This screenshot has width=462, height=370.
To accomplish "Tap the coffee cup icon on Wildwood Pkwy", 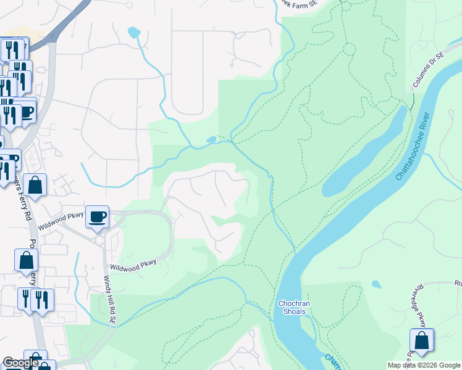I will pos(97,217).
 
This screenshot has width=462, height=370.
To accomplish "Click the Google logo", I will pos(20,363).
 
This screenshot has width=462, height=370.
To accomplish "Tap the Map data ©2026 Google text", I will pos(424,365).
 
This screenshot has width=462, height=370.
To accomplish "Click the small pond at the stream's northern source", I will pos(134,31).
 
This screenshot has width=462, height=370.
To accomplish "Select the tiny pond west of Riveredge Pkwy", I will pos(376,284).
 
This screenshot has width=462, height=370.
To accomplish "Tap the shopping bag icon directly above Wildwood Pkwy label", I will pos(36,186).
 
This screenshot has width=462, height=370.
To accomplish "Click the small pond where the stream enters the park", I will pos(212,140).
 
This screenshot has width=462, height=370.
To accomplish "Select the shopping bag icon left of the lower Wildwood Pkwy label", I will pos(27,261).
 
